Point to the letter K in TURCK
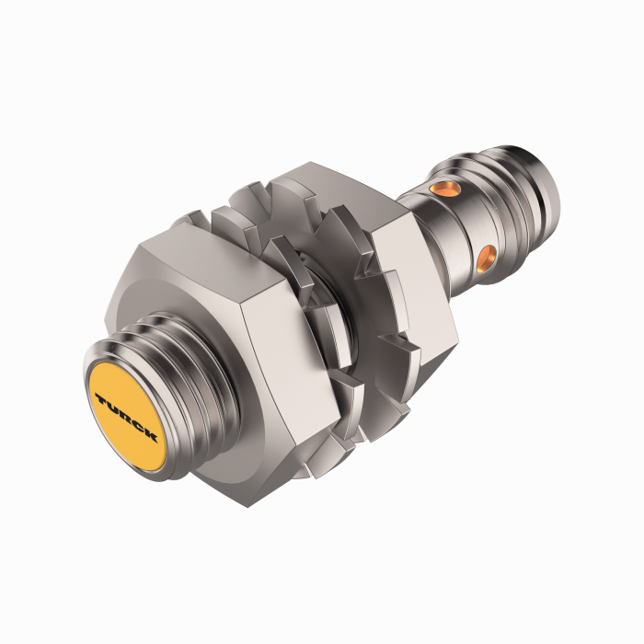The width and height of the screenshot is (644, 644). (x=152, y=435)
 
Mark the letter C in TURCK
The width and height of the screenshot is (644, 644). (x=139, y=426)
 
